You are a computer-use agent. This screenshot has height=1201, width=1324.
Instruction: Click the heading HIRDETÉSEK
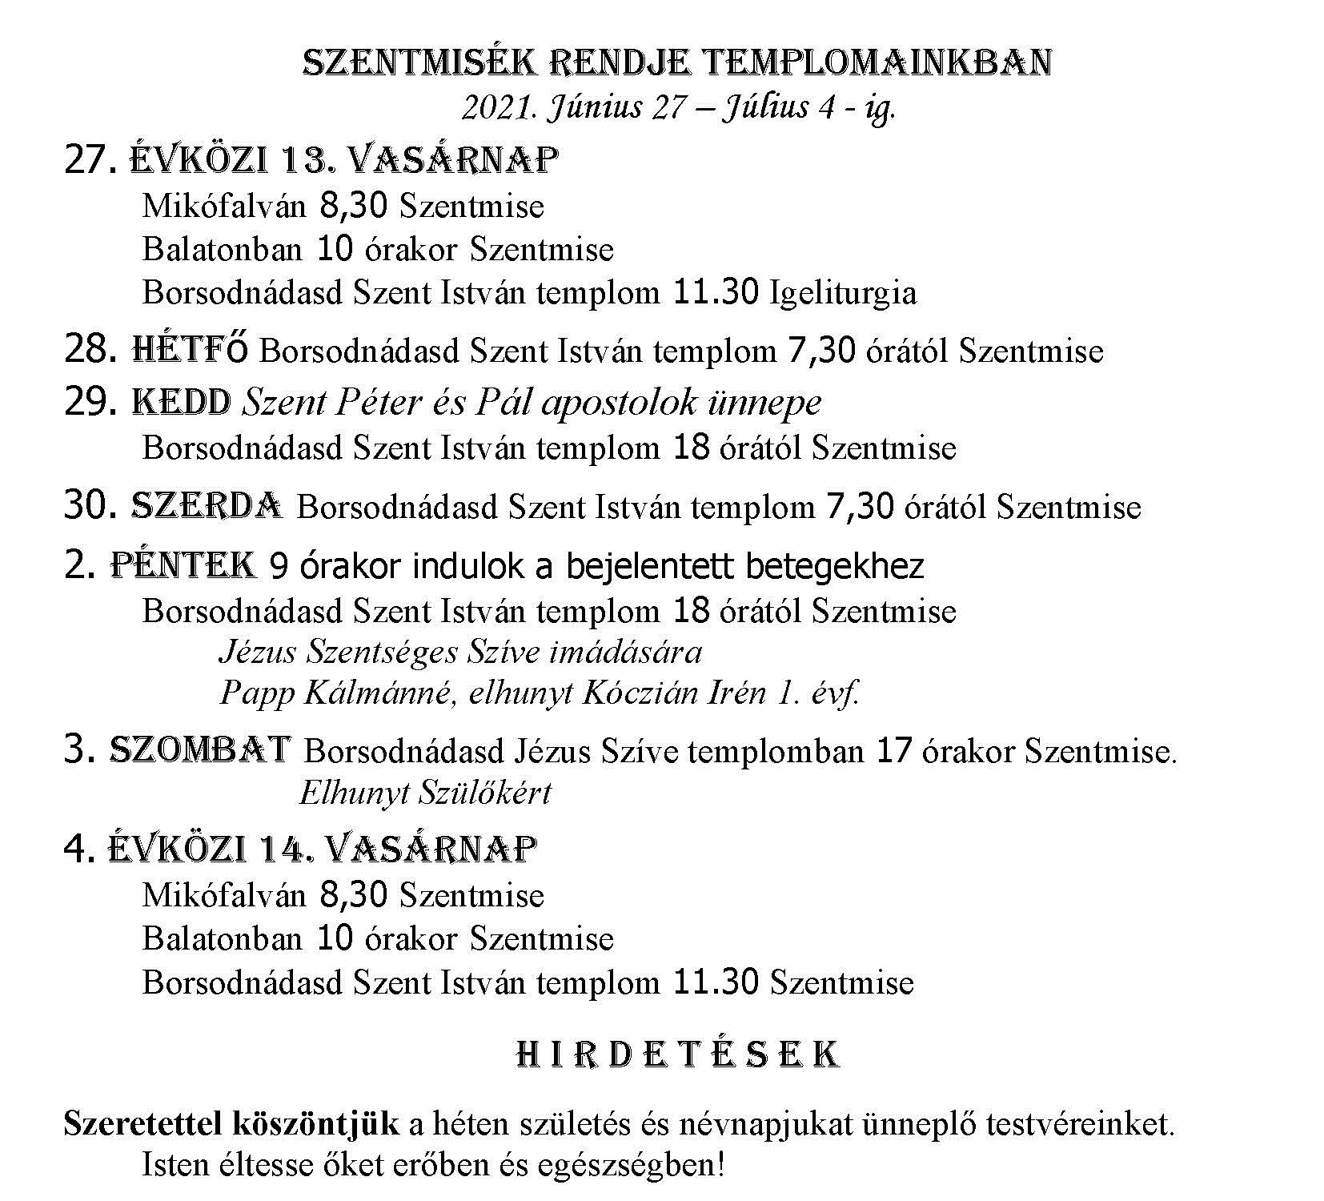pos(677,1054)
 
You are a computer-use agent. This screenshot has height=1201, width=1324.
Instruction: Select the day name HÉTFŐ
pos(190,350)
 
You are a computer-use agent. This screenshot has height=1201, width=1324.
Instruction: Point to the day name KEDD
pos(182,402)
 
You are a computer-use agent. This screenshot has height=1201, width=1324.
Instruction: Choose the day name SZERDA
pos(207,506)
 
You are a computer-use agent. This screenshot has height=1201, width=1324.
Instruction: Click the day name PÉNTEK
pos(183,565)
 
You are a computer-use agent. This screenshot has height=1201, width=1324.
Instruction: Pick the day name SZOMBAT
pos(199,750)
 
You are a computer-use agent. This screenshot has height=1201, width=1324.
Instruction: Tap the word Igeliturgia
pos(843,293)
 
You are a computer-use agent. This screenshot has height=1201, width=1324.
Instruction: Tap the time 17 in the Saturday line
pos(894,751)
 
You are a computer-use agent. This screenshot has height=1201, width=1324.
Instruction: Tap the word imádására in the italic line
pos(625,652)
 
